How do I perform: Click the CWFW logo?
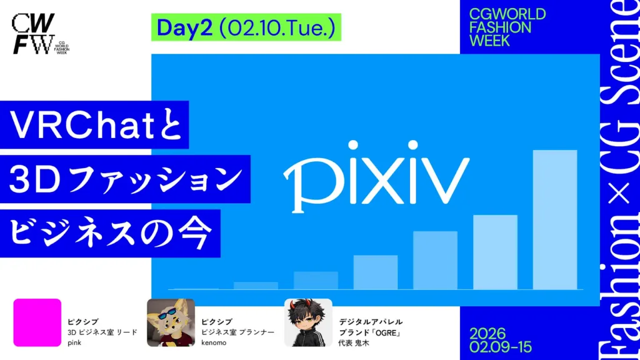pyautogui.click(x=40, y=34)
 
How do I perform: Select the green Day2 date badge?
pyautogui.click(x=246, y=27)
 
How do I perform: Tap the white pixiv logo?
pyautogui.click(x=376, y=176)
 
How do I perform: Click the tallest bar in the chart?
pyautogui.click(x=555, y=219)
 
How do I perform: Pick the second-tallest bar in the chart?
pyautogui.click(x=495, y=252)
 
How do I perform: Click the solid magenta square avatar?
pyautogui.click(x=37, y=322)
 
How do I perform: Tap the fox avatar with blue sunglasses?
pyautogui.click(x=171, y=322)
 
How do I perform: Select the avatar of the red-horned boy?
pyautogui.click(x=308, y=322)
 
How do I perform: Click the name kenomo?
pyautogui.click(x=214, y=343)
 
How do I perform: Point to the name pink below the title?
pyautogui.click(x=74, y=343)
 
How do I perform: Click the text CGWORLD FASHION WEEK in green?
pyautogui.click(x=507, y=27)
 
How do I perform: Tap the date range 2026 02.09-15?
pyautogui.click(x=501, y=341)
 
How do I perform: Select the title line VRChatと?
pyautogui.click(x=95, y=124)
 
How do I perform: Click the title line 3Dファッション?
pyautogui.click(x=125, y=179)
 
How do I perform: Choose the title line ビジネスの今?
pyautogui.click(x=110, y=234)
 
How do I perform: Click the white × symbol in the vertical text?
pyautogui.click(x=619, y=194)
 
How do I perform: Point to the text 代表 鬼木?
pyautogui.click(x=354, y=343)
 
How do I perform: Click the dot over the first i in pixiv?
pyautogui.click(x=353, y=145)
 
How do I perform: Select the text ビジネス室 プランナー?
pyautogui.click(x=237, y=332)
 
